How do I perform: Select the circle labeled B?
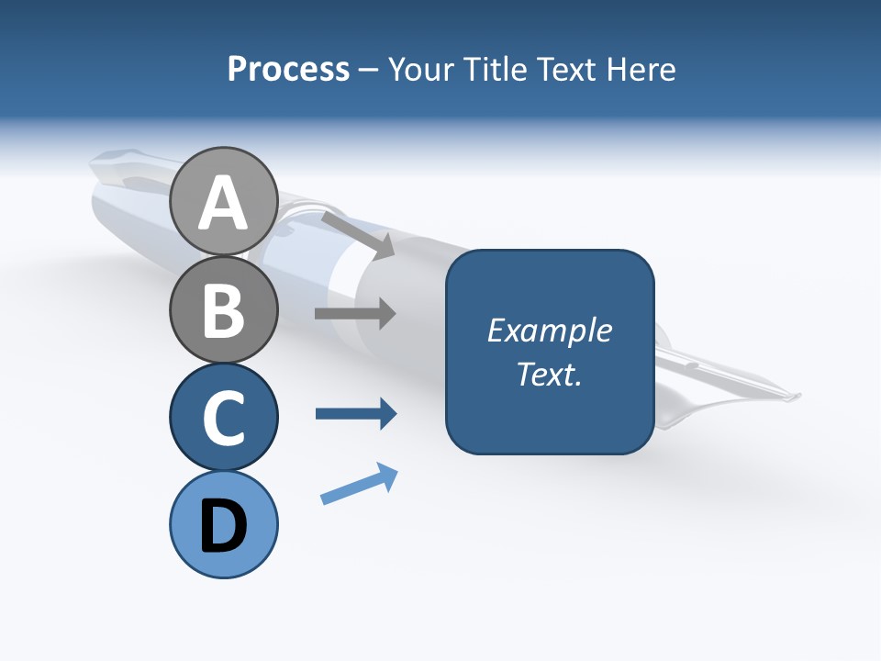[x=224, y=309]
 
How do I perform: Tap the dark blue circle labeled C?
[x=224, y=418]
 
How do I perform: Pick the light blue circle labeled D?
[x=224, y=524]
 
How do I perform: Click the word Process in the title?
[x=288, y=70]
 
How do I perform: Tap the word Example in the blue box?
[x=550, y=330]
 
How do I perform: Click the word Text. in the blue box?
[x=550, y=374]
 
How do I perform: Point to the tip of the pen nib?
[x=798, y=396]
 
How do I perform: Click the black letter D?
[x=224, y=528]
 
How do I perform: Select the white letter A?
[x=224, y=204]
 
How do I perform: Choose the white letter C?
[x=224, y=418]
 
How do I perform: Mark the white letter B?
[x=224, y=309]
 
